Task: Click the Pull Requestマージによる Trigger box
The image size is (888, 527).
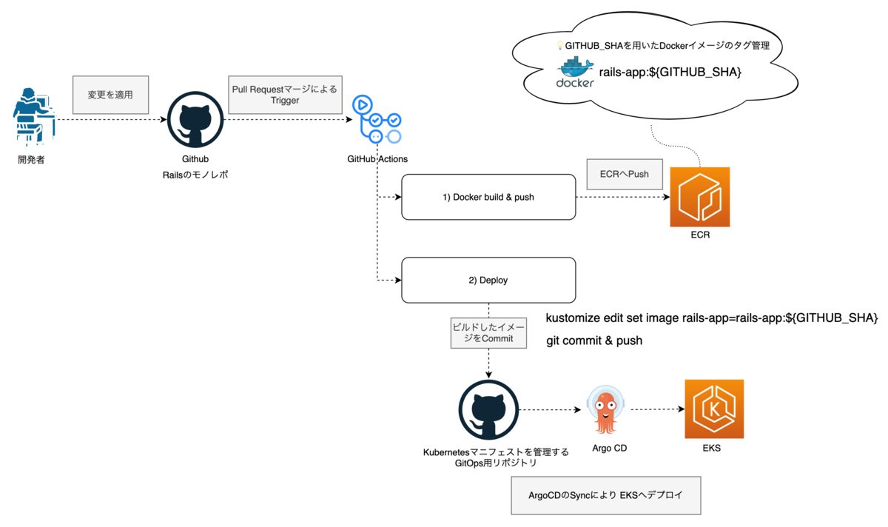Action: pyautogui.click(x=284, y=95)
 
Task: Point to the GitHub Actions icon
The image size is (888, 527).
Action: pyautogui.click(x=377, y=119)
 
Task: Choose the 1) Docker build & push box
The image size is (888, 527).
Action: pyautogui.click(x=488, y=197)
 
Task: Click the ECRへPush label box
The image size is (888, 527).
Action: pyautogui.click(x=624, y=174)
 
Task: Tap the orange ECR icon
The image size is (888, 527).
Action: pyautogui.click(x=699, y=197)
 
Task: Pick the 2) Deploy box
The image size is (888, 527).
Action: pyautogui.click(x=488, y=280)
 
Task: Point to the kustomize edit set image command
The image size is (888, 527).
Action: pyautogui.click(x=711, y=318)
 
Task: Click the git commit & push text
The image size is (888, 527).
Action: pyautogui.click(x=594, y=340)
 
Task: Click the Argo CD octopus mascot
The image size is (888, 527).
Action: pyautogui.click(x=606, y=412)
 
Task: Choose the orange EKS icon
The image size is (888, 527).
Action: pyautogui.click(x=714, y=409)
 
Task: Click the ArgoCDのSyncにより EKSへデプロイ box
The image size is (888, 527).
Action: pyautogui.click(x=605, y=495)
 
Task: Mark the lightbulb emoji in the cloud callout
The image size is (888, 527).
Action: pyautogui.click(x=560, y=46)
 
